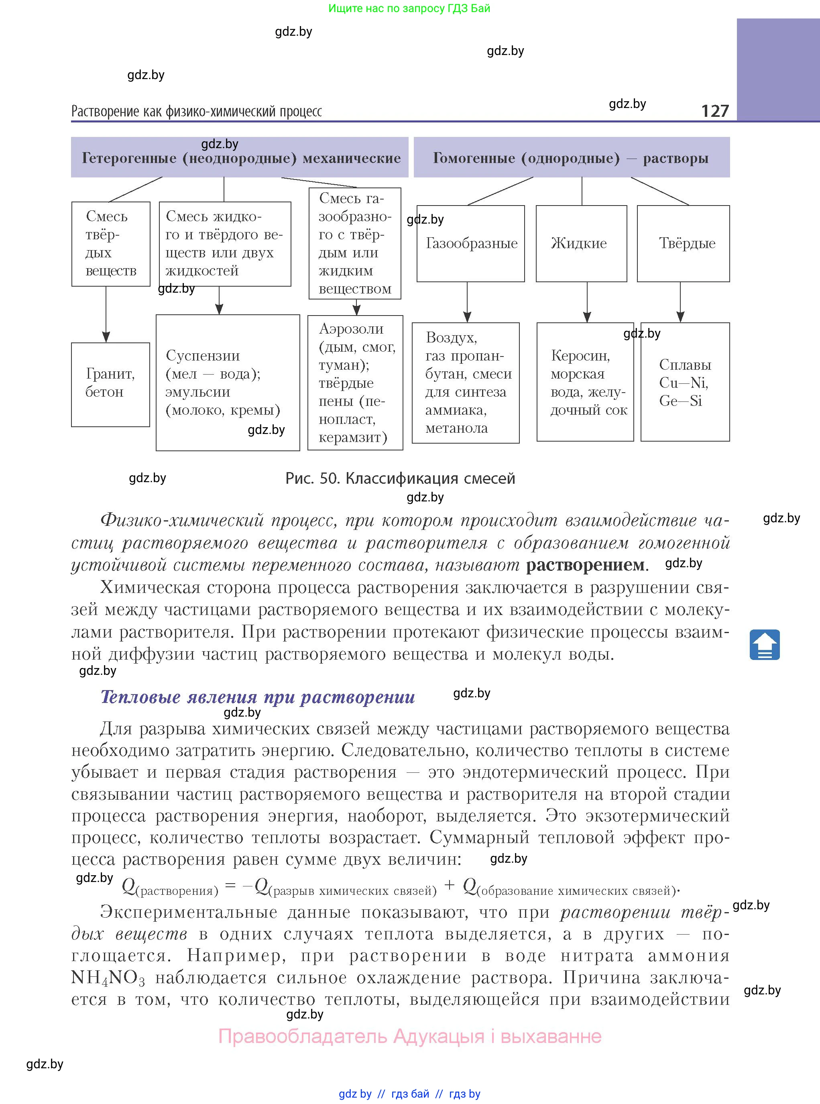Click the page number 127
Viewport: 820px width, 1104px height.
coord(714,111)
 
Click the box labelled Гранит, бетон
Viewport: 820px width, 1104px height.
coord(110,384)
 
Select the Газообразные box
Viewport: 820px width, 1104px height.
coord(470,243)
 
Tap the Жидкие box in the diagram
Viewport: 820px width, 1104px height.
coord(581,243)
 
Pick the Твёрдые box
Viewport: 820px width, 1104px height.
coord(683,243)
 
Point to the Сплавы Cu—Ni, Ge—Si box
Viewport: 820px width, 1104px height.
coord(685,382)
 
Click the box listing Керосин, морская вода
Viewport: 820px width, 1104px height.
coord(585,382)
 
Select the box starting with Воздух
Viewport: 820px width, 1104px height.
coord(466,382)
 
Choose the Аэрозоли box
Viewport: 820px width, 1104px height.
coord(355,382)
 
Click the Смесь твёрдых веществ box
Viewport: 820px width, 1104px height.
coord(111,244)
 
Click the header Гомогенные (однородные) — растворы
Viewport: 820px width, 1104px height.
coord(571,157)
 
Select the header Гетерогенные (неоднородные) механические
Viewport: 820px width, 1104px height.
coord(240,157)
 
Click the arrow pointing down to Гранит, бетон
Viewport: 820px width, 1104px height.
coord(106,315)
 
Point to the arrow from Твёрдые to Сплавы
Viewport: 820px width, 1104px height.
coord(680,302)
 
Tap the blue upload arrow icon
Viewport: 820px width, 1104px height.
coord(764,644)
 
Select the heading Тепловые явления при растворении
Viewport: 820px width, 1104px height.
coord(258,697)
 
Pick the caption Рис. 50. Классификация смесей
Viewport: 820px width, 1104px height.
coord(400,479)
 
